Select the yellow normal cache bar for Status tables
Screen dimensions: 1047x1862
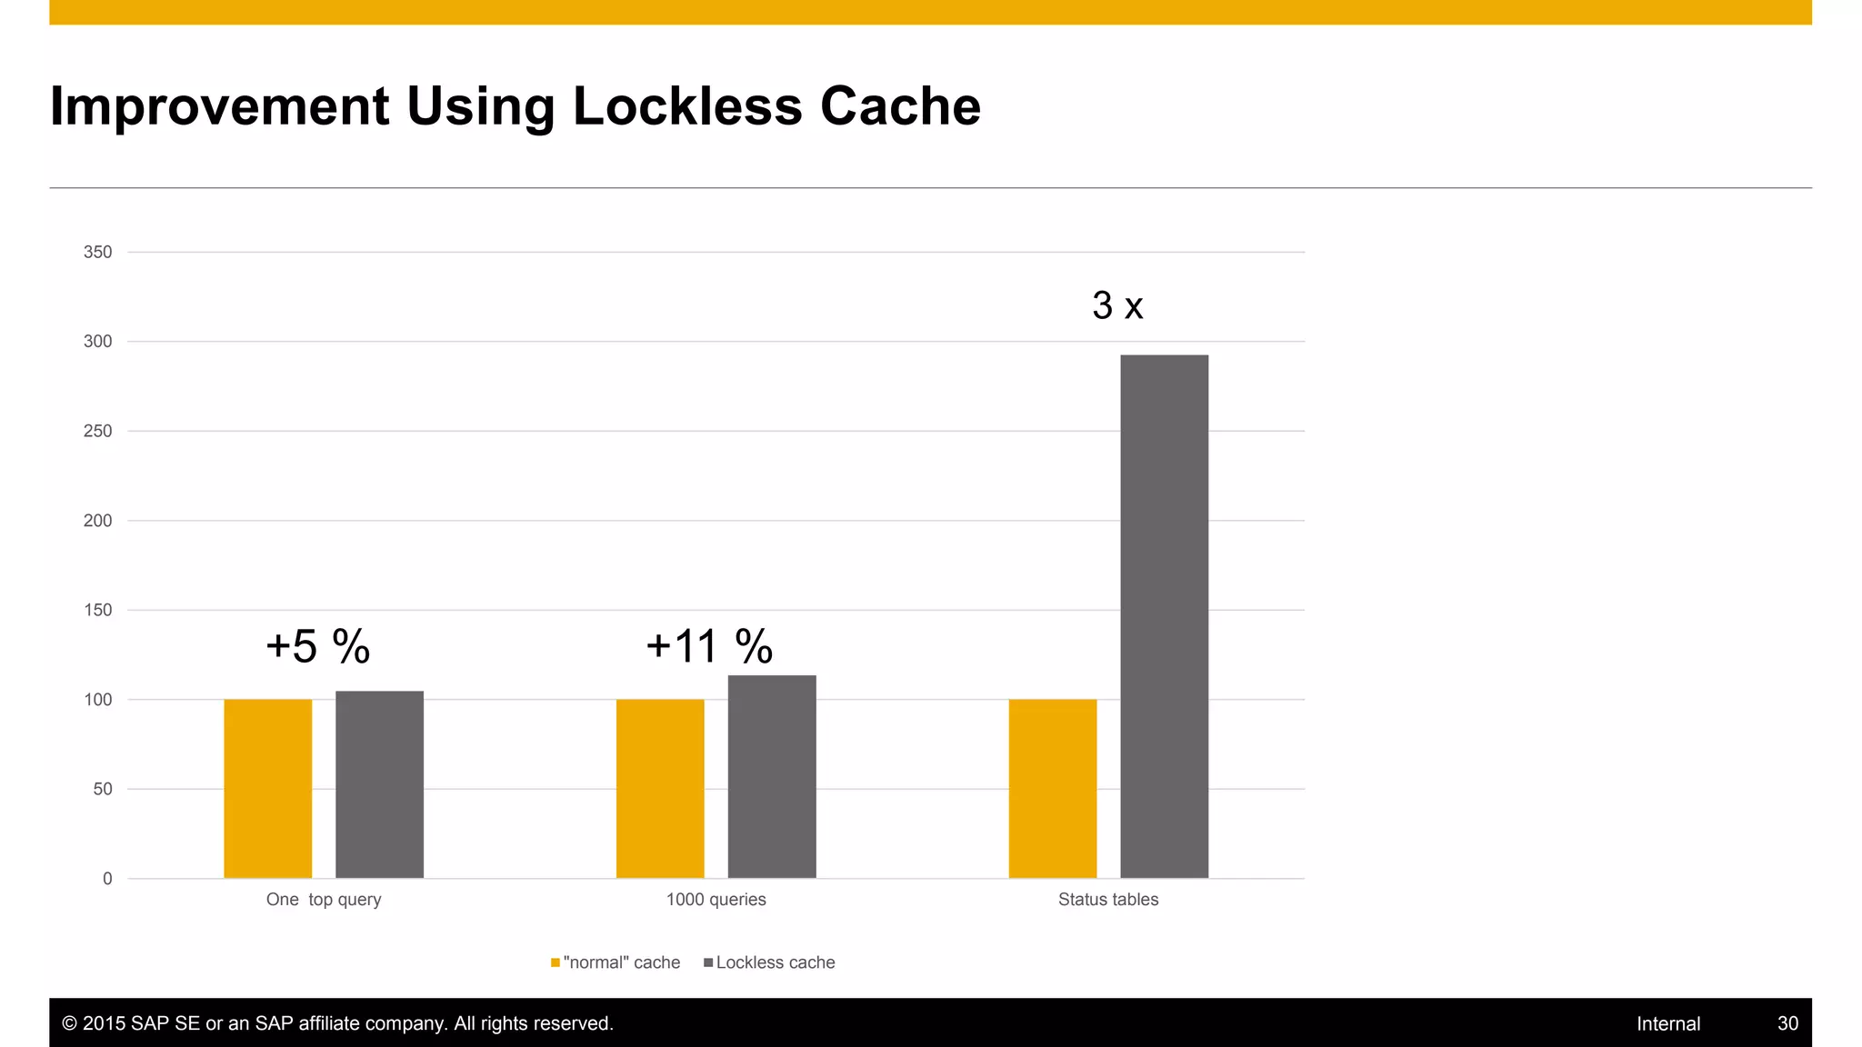[x=1052, y=789]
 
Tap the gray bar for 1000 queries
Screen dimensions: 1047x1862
[x=772, y=777]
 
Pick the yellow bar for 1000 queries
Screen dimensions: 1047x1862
[x=660, y=789]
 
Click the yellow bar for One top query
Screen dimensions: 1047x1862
[x=267, y=789]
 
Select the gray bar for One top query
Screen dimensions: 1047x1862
[x=379, y=784]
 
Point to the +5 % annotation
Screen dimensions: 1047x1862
[x=317, y=647]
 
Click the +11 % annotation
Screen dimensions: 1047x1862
[x=709, y=647]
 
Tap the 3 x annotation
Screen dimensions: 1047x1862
[x=1117, y=305]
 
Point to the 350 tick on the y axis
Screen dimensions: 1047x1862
[x=97, y=252]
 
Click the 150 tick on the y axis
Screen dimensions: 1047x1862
[x=97, y=610]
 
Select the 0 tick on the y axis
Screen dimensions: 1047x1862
[x=107, y=879]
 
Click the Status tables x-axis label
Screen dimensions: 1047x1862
[x=1107, y=900]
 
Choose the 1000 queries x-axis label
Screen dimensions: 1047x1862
[x=716, y=900]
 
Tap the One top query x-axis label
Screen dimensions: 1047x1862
[x=324, y=900]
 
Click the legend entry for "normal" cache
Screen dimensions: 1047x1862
[x=616, y=962]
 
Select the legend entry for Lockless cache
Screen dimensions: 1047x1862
[x=769, y=962]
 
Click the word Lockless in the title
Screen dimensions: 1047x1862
[x=687, y=106]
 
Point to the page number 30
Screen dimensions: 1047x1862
[x=1787, y=1023]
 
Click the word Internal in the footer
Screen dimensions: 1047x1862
[x=1667, y=1023]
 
